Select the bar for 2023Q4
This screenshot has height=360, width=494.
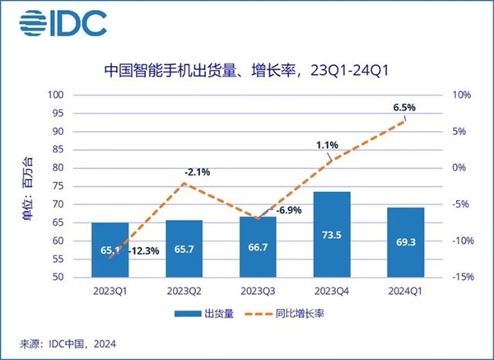click(x=331, y=235)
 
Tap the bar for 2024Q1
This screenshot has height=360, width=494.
click(x=404, y=242)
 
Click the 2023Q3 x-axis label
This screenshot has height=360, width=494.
click(x=258, y=290)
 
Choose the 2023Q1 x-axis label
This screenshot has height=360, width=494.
click(x=110, y=290)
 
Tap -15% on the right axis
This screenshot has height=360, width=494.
click(x=462, y=278)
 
